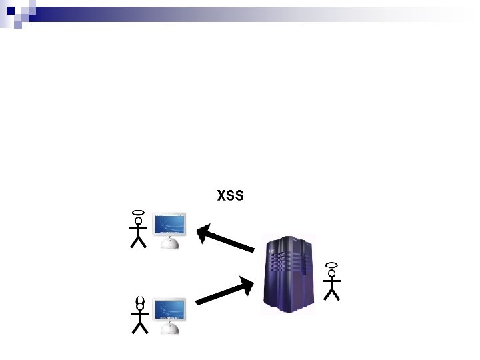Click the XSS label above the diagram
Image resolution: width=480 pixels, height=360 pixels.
231,196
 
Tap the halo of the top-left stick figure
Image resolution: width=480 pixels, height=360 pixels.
139,213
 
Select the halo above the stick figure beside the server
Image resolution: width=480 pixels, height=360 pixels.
331,265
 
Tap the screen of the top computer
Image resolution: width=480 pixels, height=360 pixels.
169,225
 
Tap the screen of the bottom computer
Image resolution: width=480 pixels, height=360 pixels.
169,310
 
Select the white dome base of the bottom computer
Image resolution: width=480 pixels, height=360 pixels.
171,327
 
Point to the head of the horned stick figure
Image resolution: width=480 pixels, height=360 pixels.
139,307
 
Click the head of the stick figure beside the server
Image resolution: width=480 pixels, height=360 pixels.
331,273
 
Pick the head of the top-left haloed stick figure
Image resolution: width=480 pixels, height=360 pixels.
139,221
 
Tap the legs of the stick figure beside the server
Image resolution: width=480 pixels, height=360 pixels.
331,293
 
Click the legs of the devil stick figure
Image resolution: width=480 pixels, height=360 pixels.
139,327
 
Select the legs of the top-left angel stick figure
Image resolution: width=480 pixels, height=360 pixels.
139,241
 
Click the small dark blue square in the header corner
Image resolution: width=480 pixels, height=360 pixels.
11,10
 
